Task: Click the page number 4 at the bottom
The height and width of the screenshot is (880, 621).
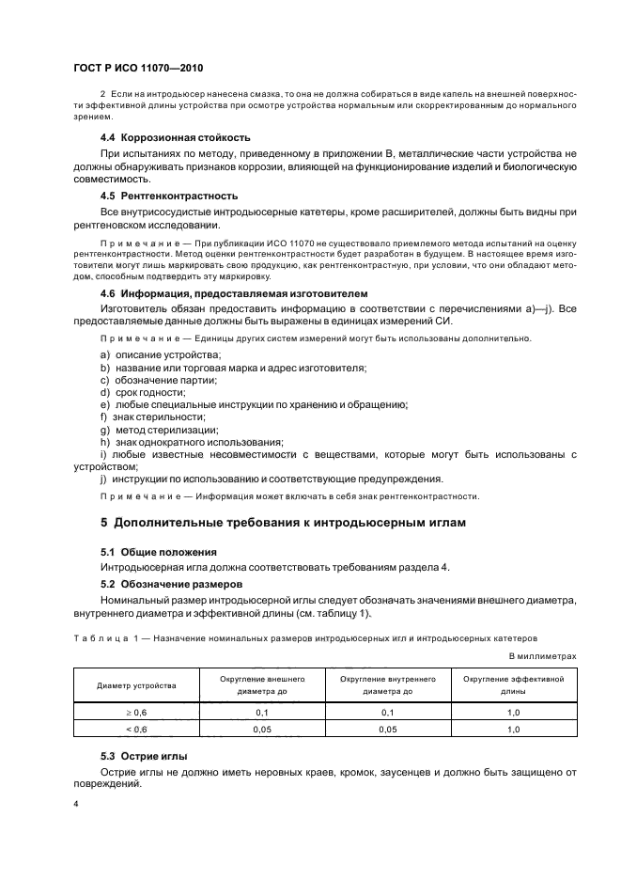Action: (x=76, y=806)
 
